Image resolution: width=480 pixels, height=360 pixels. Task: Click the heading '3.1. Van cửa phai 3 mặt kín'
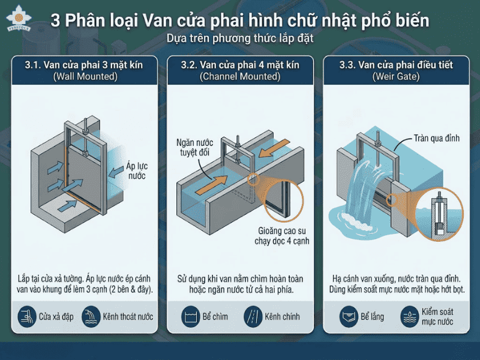click(84, 65)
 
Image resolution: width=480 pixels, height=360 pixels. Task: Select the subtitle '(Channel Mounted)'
click(240, 77)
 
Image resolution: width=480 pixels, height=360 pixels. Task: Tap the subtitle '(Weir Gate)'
click(395, 77)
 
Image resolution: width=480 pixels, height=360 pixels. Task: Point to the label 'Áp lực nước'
click(136, 171)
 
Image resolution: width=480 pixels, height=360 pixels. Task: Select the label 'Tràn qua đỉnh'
click(436, 138)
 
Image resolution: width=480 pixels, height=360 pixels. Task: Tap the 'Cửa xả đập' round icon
click(27, 316)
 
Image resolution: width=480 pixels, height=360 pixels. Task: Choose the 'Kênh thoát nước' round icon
click(91, 316)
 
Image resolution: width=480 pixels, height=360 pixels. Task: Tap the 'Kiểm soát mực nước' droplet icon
click(410, 316)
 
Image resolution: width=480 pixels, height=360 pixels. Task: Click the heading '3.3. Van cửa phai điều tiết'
click(395, 65)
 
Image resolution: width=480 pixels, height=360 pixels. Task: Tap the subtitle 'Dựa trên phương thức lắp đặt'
click(240, 38)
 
